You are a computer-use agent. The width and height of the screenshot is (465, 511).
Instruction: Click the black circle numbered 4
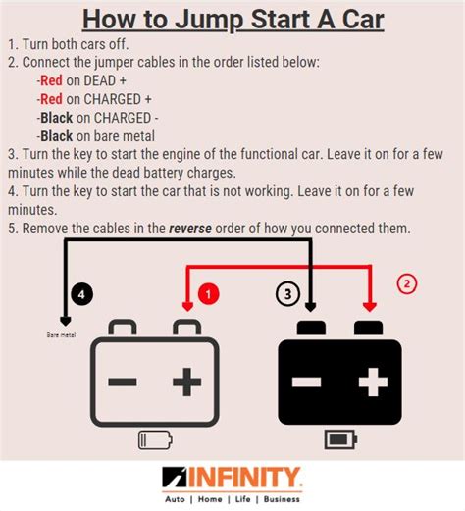pyautogui.click(x=84, y=295)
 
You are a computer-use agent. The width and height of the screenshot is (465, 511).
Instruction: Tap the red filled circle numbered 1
pyautogui.click(x=207, y=294)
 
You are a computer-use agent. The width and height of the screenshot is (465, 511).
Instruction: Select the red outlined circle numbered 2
pyautogui.click(x=407, y=285)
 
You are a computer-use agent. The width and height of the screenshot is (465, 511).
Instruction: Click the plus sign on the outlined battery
pyautogui.click(x=187, y=380)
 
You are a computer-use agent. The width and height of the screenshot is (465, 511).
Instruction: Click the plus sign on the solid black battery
pyautogui.click(x=373, y=380)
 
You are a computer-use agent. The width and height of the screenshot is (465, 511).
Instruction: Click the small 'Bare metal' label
pyautogui.click(x=61, y=334)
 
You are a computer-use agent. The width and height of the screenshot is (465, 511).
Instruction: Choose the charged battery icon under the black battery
pyautogui.click(x=340, y=438)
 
